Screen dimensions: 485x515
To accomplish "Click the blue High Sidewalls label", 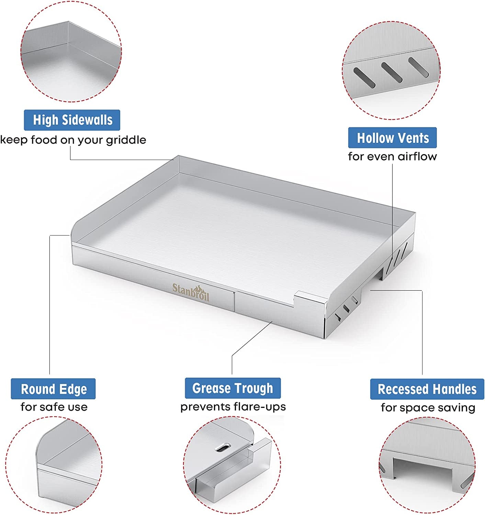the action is coord(72,120).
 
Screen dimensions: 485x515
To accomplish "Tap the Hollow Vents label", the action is coord(392,137).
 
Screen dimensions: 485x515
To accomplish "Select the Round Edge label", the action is coord(53,389).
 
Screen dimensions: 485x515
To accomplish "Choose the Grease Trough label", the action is coord(233,388).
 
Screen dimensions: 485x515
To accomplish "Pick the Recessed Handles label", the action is coord(427,389).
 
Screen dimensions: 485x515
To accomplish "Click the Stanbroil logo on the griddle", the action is coord(191,292).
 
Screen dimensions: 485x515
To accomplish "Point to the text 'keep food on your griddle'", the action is coord(73,140).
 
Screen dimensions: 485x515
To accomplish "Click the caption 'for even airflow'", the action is coord(392,156).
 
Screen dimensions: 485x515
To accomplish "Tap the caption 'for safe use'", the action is coord(54,407).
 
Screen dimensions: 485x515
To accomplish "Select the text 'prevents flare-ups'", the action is coord(233,407).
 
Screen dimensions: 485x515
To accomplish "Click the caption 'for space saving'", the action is coord(428,408).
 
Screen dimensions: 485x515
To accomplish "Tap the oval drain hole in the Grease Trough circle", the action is coord(223,447).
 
